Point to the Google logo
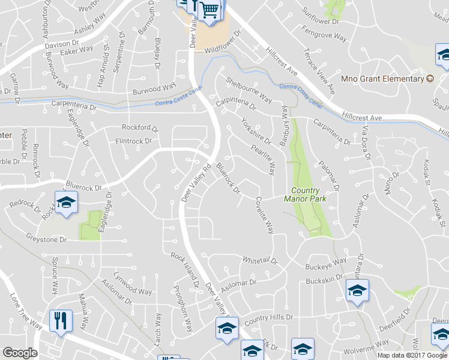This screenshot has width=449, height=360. (19, 353)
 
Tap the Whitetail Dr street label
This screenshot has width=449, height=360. (259, 260)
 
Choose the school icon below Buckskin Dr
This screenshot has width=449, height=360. (357, 292)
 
